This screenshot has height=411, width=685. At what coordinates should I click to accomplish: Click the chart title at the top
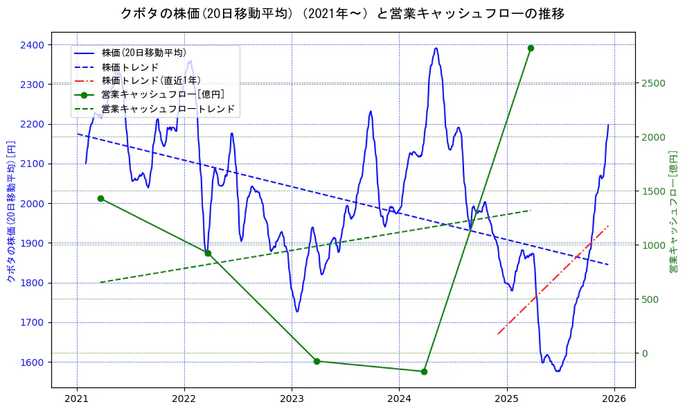click(x=342, y=13)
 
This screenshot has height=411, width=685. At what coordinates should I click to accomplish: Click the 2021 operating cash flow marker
click(x=100, y=198)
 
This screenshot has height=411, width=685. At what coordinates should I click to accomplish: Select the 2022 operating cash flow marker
click(x=208, y=253)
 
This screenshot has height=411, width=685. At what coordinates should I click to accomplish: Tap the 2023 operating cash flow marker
click(x=317, y=361)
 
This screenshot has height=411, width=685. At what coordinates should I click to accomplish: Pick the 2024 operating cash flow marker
click(x=424, y=371)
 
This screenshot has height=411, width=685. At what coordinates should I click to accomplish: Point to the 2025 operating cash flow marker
click(x=531, y=48)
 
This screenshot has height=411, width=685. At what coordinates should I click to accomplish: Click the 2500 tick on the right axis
click(x=652, y=83)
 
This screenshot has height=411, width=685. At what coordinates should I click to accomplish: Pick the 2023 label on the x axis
click(x=292, y=399)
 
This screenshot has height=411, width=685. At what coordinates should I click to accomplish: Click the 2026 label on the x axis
click(x=614, y=399)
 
